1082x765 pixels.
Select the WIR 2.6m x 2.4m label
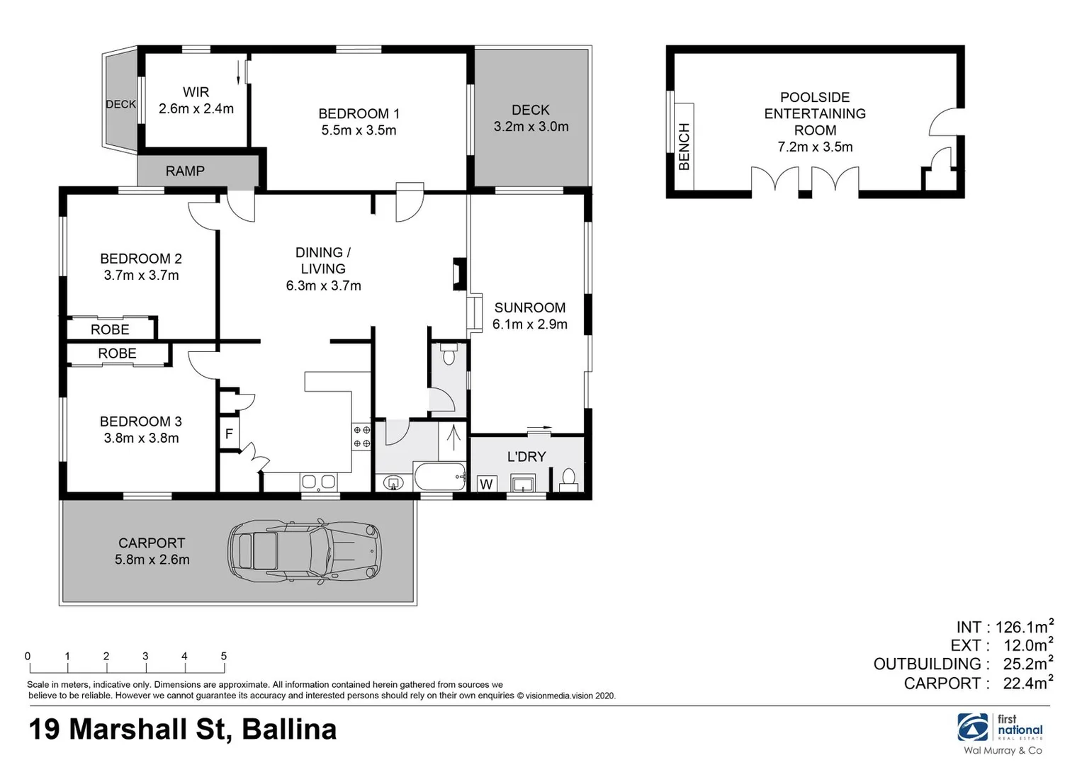click(196, 101)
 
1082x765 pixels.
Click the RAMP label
click(185, 171)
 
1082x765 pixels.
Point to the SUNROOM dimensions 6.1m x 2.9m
click(530, 324)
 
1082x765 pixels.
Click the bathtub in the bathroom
click(439, 477)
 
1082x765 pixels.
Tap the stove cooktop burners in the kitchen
click(361, 436)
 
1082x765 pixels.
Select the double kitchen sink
click(318, 482)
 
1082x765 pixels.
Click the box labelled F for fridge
click(229, 433)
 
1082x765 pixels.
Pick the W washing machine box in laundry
click(486, 484)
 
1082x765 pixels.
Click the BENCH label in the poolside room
click(684, 147)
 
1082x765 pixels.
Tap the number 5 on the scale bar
click(224, 656)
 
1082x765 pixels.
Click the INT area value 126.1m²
click(1024, 627)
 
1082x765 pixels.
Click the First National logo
click(1000, 727)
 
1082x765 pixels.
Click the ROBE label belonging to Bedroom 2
click(110, 329)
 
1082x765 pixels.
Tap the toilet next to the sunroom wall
click(448, 353)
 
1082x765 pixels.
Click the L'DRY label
click(526, 457)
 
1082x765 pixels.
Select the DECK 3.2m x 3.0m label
click(531, 118)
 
